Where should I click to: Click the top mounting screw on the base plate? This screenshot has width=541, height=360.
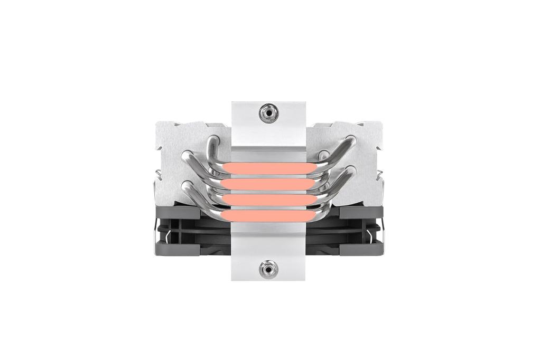click(268, 112)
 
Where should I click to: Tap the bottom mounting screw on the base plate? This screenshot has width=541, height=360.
click(268, 269)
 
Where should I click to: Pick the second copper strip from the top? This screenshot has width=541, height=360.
click(268, 184)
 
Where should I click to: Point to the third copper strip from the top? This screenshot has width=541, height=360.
click(268, 200)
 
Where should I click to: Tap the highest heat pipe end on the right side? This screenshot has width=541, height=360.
click(350, 140)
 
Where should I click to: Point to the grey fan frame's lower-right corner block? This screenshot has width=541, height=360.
click(361, 249)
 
